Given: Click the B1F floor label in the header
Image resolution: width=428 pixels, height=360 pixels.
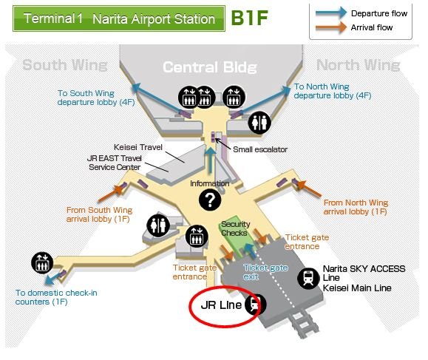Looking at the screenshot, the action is tap(250, 18).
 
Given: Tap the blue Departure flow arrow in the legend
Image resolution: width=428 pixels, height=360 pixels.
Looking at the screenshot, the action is tap(331, 13).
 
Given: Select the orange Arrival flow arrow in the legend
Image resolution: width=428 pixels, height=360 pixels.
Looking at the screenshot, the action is tap(331, 27).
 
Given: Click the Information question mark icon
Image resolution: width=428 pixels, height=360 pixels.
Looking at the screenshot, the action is tap(210, 200).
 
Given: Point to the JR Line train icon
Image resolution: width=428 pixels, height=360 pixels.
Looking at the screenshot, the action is tap(256, 305).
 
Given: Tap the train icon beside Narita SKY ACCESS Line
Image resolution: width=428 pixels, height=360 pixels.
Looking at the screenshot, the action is tap(308, 278).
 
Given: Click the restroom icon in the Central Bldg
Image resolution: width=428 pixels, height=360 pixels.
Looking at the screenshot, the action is tap(259, 123).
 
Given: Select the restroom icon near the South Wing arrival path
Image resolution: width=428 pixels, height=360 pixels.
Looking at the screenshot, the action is tap(158, 225).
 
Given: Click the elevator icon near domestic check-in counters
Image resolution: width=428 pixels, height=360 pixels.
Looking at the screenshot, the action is tap(42, 263).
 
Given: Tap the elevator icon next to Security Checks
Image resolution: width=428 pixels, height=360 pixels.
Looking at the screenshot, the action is tap(197, 237).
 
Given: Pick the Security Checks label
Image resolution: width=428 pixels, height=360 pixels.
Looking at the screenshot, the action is tap(235, 228).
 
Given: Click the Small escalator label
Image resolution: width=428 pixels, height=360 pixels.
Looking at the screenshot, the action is tap(260, 149).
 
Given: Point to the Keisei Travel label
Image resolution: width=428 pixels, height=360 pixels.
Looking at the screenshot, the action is tap(138, 147).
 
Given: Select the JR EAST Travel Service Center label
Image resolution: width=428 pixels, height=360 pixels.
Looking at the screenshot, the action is tap(114, 163).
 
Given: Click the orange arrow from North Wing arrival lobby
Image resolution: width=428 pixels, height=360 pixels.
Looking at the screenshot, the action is tap(309, 188).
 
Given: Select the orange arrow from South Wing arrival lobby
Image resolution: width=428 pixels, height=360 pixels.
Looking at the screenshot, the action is tap(110, 193).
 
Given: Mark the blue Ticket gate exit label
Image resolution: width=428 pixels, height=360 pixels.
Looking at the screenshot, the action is tap(265, 272).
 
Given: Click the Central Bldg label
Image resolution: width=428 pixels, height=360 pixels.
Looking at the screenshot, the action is tap(210, 67).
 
